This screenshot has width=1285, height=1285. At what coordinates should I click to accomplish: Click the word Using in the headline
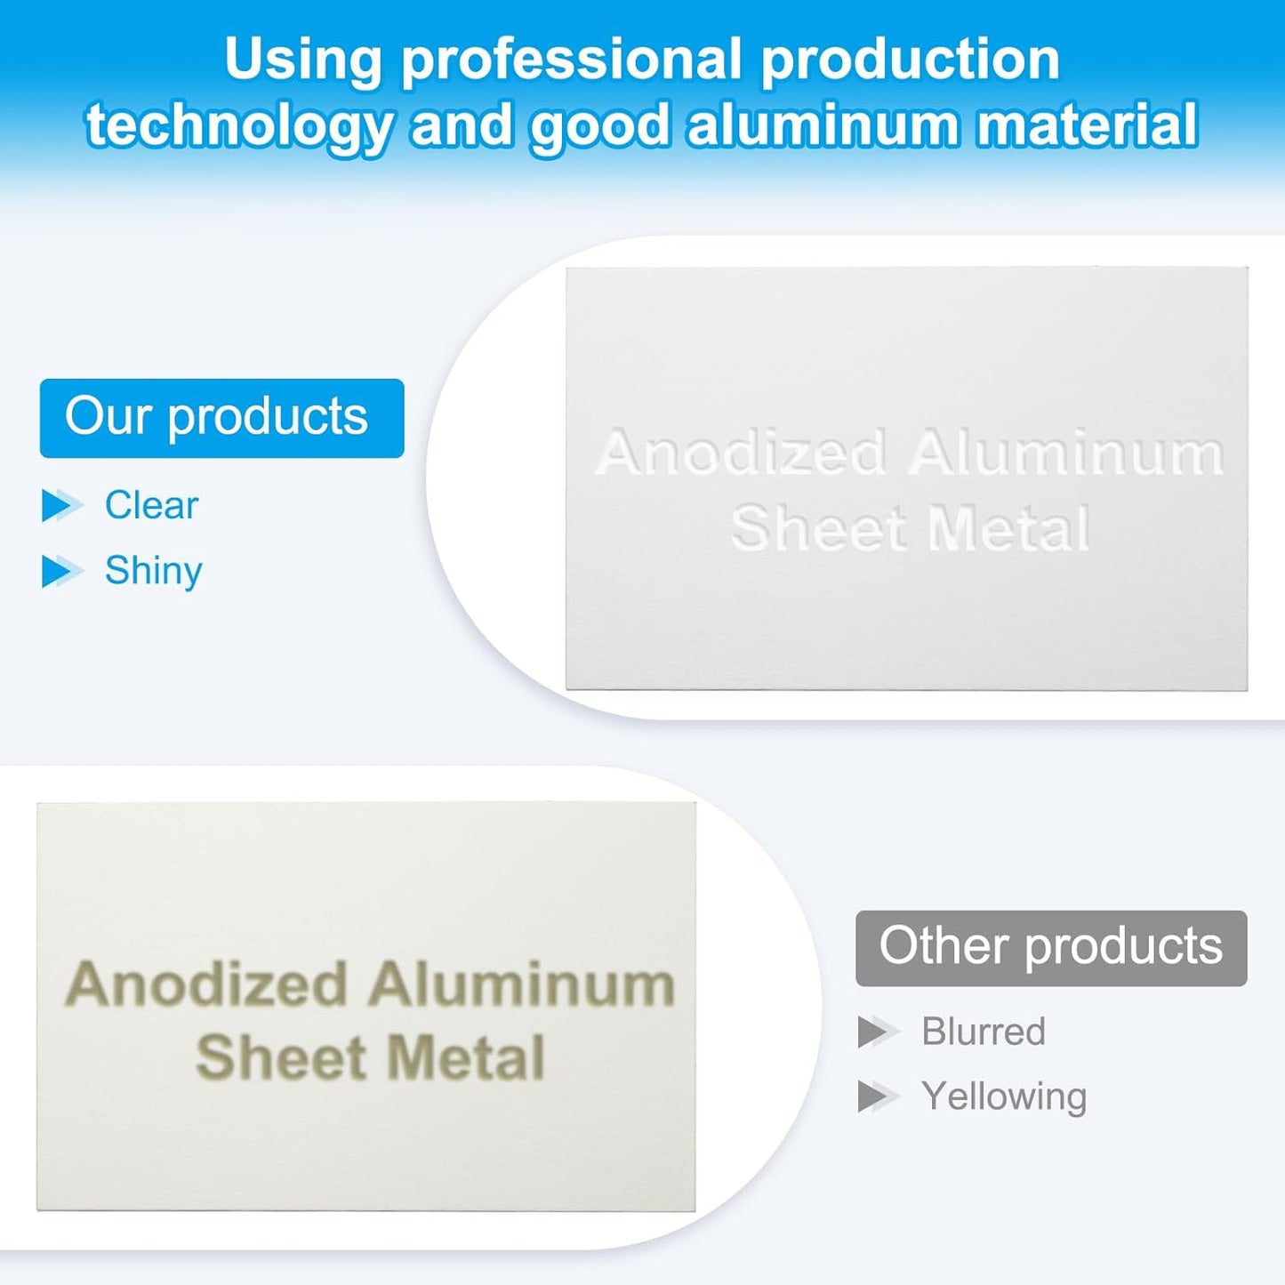point(303,60)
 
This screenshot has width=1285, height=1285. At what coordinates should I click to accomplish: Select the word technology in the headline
point(238,126)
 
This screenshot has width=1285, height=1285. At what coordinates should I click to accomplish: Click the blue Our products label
point(222,418)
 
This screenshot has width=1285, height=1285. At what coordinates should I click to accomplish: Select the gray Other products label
point(1051,948)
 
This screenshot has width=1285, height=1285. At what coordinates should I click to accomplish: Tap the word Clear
point(151,505)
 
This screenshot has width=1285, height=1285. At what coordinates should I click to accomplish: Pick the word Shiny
point(153,572)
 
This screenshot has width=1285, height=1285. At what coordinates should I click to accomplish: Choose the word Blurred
point(983,1032)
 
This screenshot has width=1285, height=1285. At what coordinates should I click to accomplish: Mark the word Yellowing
point(1004,1098)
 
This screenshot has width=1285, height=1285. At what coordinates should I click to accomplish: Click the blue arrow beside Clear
point(61,505)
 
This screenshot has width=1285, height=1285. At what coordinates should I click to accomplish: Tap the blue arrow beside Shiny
point(61,572)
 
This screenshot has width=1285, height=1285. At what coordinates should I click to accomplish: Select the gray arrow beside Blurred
point(879,1032)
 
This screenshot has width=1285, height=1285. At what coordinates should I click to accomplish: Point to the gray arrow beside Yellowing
point(879,1097)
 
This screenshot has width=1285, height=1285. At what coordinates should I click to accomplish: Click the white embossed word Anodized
point(740,453)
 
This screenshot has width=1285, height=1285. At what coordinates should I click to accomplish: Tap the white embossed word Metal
point(1009,528)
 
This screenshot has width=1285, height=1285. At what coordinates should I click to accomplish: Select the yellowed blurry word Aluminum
point(521,984)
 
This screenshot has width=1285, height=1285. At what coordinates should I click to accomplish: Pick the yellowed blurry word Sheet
point(281,1057)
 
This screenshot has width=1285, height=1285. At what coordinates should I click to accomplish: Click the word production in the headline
point(911,60)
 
